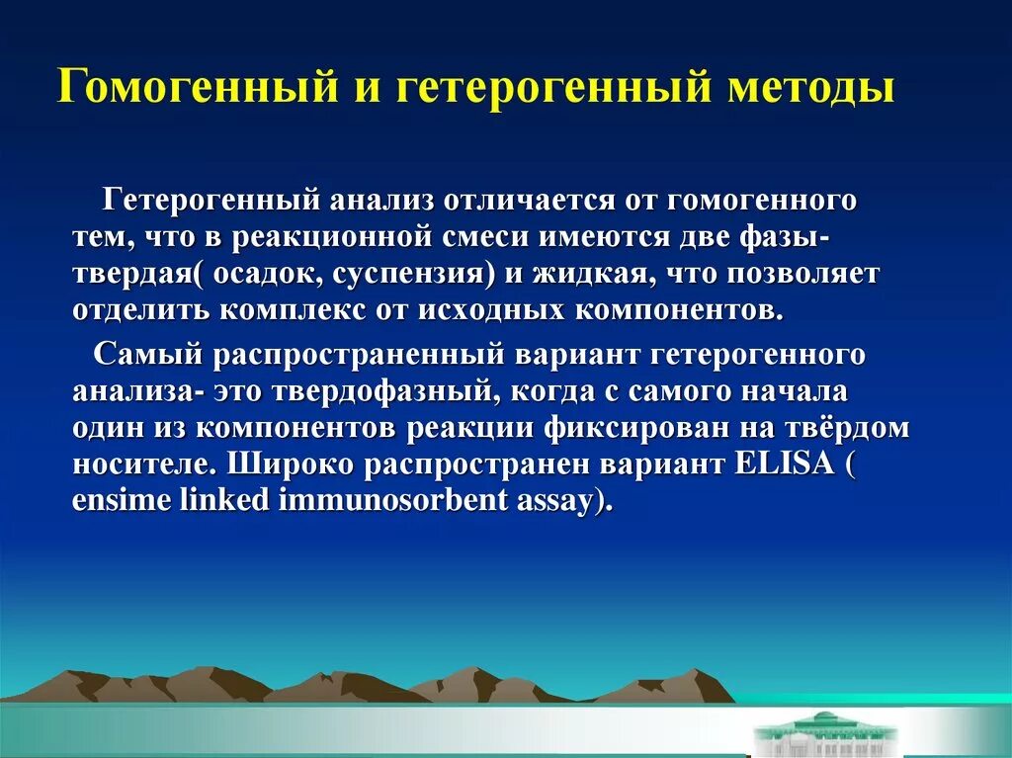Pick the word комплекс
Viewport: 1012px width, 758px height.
tap(296, 309)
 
